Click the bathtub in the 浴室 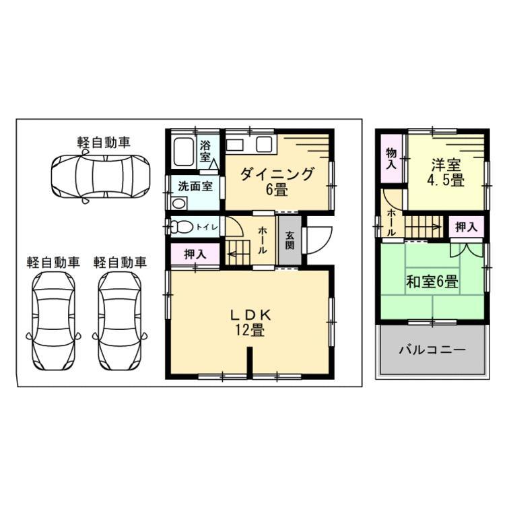(x=184, y=151)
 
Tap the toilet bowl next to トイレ (x=180, y=227)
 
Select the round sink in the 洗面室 (x=178, y=203)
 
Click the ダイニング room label (x=277, y=175)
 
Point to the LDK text (x=250, y=315)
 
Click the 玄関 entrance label (x=290, y=240)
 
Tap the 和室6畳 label (x=432, y=281)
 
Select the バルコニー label (x=432, y=349)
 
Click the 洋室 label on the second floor (x=446, y=165)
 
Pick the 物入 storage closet (x=392, y=158)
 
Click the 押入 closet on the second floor (x=467, y=227)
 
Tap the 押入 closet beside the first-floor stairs (x=195, y=254)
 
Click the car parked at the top (x=101, y=176)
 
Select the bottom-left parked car (x=53, y=322)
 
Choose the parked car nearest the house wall (x=120, y=322)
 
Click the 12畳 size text (x=250, y=330)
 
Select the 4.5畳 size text (x=446, y=180)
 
